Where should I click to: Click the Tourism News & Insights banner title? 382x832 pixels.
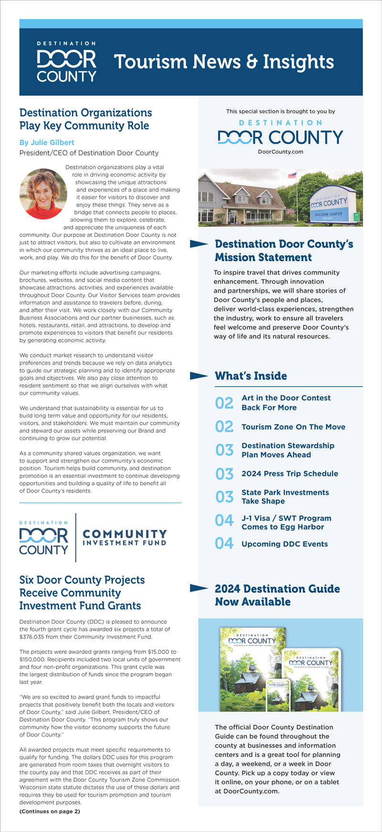223,62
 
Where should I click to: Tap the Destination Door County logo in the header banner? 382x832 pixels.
67,63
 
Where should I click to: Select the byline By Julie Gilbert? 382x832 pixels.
47,142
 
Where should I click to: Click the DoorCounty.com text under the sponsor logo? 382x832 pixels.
280,152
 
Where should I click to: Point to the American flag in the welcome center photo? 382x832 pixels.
292,175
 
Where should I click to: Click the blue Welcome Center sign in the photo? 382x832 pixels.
329,206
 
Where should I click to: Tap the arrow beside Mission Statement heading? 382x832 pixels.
199,244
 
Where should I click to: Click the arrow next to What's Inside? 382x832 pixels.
199,376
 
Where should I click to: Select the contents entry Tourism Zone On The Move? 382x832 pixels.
293,427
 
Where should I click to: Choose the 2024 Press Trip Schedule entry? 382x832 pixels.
289,474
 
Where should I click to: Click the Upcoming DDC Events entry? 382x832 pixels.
285,544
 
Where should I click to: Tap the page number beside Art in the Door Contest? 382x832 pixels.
224,403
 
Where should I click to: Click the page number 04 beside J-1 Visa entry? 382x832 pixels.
224,520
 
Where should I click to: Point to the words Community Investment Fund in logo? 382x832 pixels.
125,538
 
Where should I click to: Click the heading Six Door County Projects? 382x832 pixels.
82,580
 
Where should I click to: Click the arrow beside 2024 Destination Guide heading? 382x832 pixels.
199,589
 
